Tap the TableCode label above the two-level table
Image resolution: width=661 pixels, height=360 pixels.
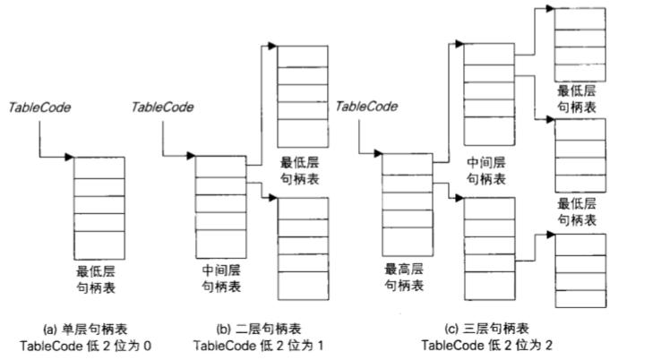click(x=163, y=107)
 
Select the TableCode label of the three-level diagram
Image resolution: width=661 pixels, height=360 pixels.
click(x=366, y=107)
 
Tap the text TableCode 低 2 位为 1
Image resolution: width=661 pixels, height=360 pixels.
click(x=257, y=345)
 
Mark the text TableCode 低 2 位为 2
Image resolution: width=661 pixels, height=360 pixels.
click(x=485, y=345)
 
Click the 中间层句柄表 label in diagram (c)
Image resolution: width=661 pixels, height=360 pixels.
click(x=486, y=171)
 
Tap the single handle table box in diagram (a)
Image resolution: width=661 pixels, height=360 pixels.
click(x=98, y=206)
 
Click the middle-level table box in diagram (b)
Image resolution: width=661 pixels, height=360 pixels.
click(x=219, y=205)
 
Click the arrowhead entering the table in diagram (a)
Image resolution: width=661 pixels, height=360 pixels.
click(x=70, y=158)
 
